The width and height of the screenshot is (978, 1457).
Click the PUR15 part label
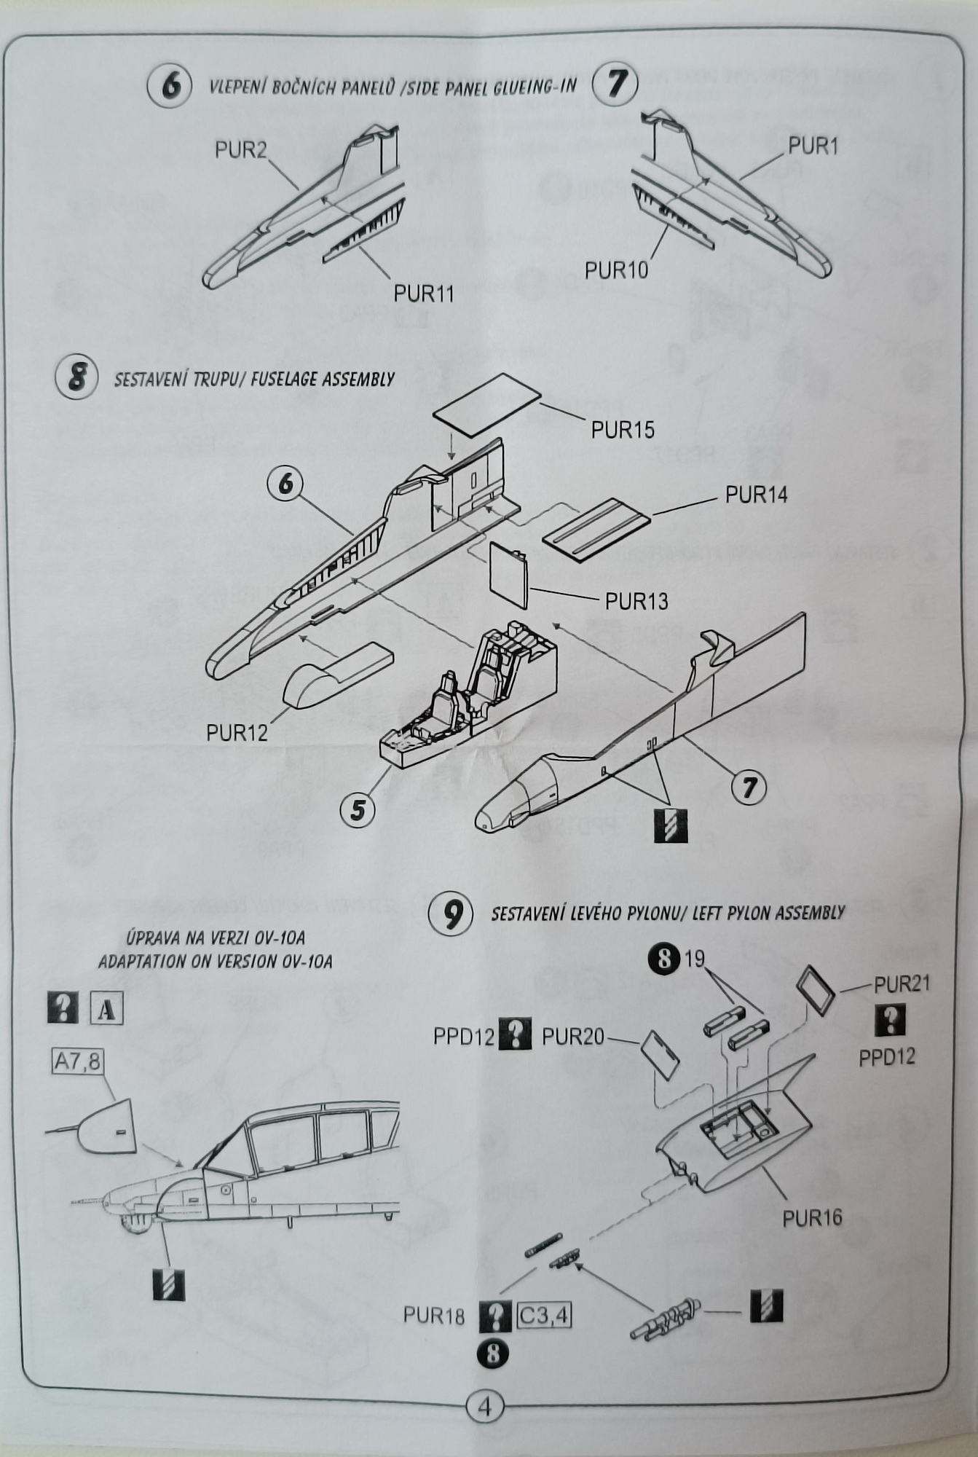pos(623,430)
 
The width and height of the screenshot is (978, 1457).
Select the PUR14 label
pos(756,495)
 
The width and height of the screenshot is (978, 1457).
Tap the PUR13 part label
pos(636,601)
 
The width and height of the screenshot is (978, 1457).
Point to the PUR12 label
pos(237,732)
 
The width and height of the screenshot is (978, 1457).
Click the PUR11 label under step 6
pos(423,294)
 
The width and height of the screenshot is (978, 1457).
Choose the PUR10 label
pos(616,270)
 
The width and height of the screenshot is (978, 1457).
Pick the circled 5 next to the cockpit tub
pos(358,810)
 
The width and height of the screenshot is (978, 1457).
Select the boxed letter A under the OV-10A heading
pos(106,1010)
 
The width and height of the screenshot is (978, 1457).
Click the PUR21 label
pos(902,984)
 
